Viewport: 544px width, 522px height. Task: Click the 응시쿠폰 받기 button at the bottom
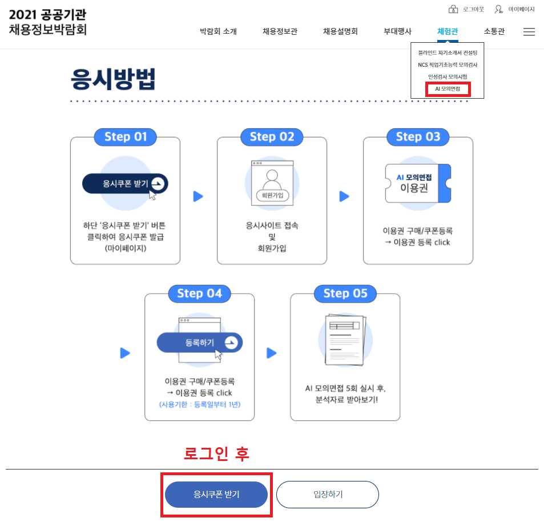(x=216, y=495)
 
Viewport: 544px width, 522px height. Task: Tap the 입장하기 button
(x=328, y=495)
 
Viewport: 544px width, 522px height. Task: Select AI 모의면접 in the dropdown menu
(x=448, y=88)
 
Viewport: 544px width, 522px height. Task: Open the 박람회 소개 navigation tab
(x=218, y=31)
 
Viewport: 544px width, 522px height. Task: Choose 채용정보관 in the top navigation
(x=280, y=31)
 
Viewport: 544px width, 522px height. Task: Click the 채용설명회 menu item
(x=340, y=31)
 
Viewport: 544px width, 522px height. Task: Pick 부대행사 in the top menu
(x=397, y=31)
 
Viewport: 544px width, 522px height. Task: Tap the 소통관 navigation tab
(x=494, y=31)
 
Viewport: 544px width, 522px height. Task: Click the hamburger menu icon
(x=529, y=32)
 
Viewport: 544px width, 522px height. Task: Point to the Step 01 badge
(x=126, y=137)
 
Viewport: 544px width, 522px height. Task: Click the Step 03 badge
(x=418, y=137)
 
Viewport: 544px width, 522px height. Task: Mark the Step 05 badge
(x=345, y=293)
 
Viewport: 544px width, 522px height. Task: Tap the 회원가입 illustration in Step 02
(x=272, y=183)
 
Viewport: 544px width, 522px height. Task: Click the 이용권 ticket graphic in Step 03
(x=418, y=183)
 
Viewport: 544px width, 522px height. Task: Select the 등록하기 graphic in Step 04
(x=200, y=343)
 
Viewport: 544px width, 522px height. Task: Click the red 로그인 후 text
(x=216, y=454)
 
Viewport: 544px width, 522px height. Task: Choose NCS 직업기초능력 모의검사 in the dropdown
(x=448, y=64)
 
